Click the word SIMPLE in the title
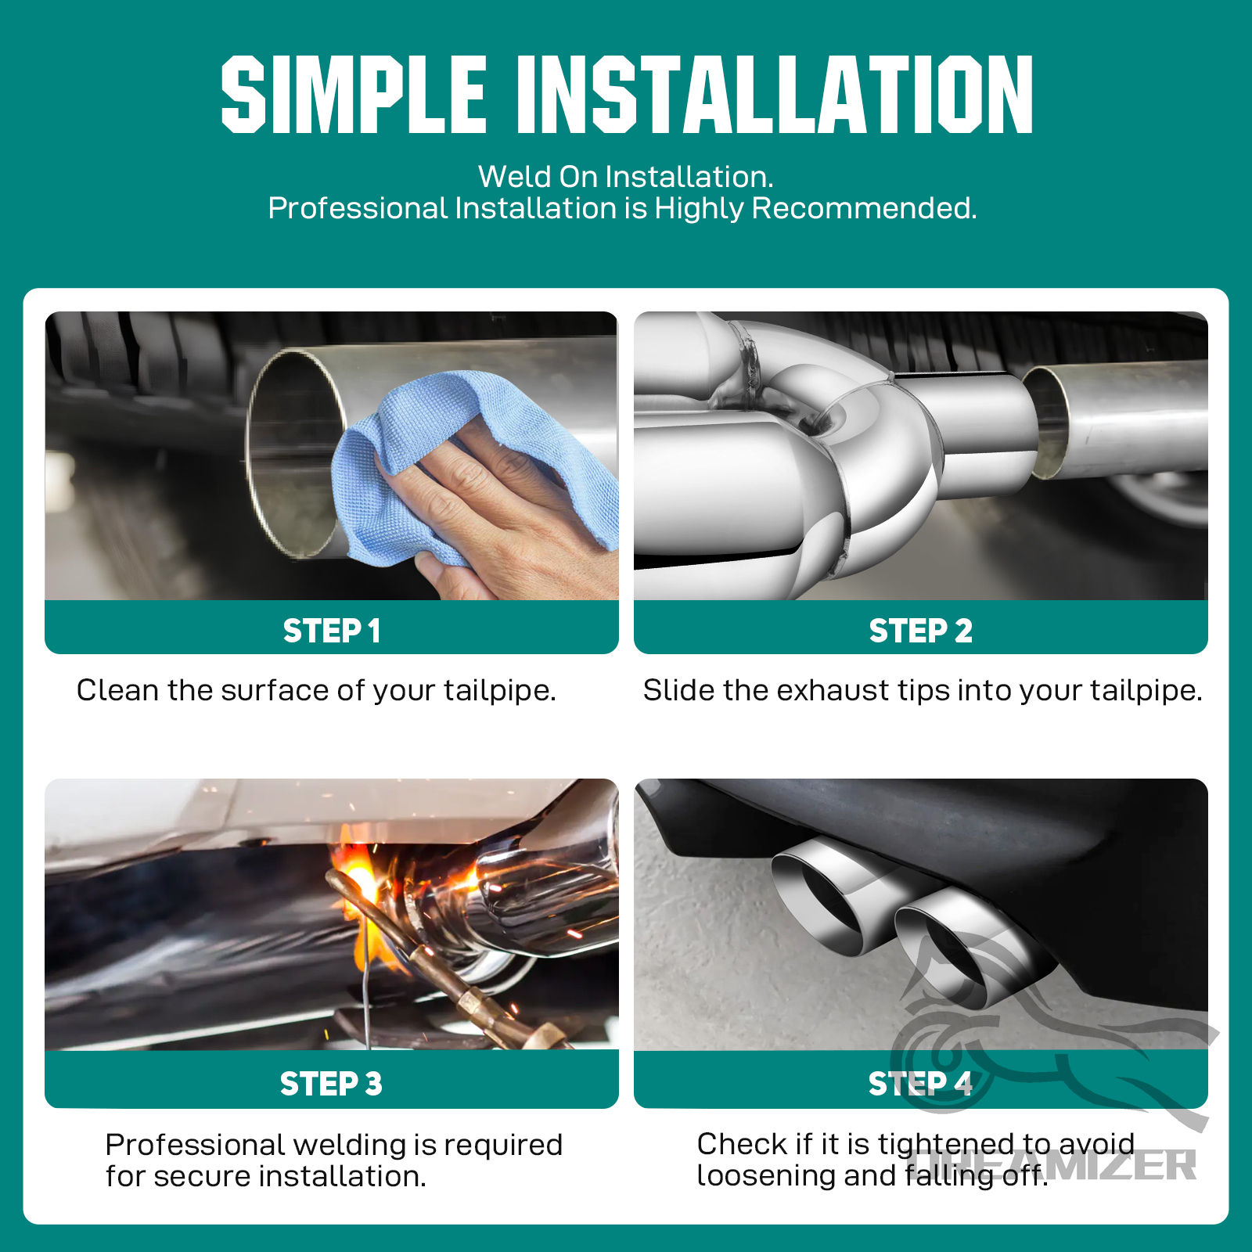(x=354, y=94)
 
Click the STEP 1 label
(x=332, y=631)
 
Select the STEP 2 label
(x=921, y=631)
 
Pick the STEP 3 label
(x=332, y=1084)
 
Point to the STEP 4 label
(x=921, y=1084)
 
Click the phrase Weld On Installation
(x=626, y=177)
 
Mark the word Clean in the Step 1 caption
(x=117, y=690)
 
